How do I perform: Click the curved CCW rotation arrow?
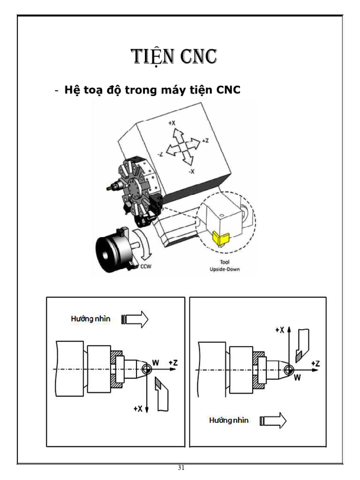[143, 244]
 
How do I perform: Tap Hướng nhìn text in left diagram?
[90, 319]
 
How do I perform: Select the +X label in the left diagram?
[138, 409]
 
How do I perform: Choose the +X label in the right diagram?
[280, 330]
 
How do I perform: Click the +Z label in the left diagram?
[173, 362]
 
